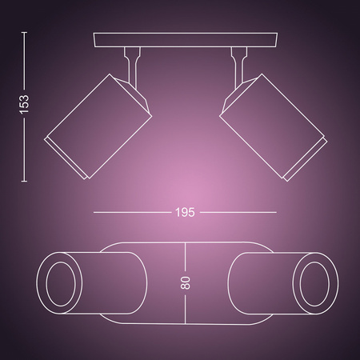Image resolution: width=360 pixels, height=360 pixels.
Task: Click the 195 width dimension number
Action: pyautogui.click(x=185, y=213)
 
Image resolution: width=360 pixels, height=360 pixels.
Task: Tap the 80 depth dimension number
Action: pyautogui.click(x=185, y=282)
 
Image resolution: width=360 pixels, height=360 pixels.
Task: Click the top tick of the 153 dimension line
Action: pyautogui.click(x=25, y=33)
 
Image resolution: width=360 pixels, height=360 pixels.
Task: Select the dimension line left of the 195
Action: pyautogui.click(x=132, y=212)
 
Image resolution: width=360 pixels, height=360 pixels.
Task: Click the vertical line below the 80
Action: pyautogui.click(x=185, y=307)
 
